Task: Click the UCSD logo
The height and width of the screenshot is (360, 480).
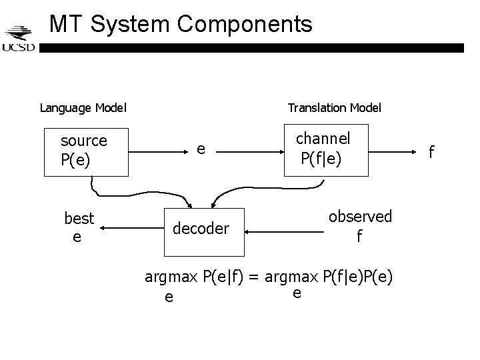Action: point(19,39)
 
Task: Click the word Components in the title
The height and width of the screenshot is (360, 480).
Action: point(245,25)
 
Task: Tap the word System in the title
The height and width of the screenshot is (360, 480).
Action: point(130,25)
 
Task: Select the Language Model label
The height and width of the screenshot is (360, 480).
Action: point(83,108)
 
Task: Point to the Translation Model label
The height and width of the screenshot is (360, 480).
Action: point(334,108)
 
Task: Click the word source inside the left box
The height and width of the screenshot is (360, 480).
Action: point(84,141)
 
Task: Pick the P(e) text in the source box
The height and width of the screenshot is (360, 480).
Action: point(75,160)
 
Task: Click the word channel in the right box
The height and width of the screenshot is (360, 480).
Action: point(323,139)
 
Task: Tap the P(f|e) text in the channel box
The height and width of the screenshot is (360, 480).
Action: point(321,159)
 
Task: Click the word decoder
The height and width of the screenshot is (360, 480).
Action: point(201,229)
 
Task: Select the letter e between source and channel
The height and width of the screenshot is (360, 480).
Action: point(201,149)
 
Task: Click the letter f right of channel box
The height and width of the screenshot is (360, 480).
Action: point(431,152)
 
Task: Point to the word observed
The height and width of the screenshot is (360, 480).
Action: point(360,217)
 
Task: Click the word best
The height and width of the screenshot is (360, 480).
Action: point(79,219)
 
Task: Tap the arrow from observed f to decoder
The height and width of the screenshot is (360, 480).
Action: point(284,232)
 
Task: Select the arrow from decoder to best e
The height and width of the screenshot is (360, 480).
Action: point(132,228)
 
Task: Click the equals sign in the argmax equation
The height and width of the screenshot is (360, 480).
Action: point(254,277)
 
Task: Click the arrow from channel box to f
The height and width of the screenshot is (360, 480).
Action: point(392,152)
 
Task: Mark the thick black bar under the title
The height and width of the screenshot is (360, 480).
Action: point(251,48)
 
